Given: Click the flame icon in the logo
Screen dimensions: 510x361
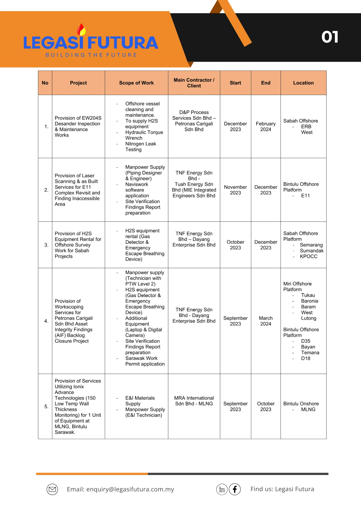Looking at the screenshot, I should [x=81, y=30].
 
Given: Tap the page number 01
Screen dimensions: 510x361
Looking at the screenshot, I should [x=330, y=37].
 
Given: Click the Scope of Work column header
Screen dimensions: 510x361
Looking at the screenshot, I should [x=136, y=83].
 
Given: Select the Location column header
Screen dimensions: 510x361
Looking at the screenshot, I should [x=303, y=83].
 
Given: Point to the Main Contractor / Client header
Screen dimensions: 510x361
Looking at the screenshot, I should [x=194, y=83].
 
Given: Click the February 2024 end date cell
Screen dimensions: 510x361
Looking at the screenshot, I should [x=266, y=126].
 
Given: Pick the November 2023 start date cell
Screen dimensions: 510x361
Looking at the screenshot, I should [x=235, y=190].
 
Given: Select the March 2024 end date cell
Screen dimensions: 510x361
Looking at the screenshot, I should [x=266, y=321].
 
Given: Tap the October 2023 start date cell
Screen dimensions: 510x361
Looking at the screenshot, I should [x=235, y=245].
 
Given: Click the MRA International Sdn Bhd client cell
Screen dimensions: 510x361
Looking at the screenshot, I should [x=194, y=401].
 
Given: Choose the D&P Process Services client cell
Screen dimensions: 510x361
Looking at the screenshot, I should [x=194, y=121].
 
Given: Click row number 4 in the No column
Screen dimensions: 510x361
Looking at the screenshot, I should [x=46, y=321].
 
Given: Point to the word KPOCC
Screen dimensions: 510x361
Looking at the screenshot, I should [x=309, y=257].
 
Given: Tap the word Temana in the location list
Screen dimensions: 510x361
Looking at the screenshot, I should [x=310, y=353].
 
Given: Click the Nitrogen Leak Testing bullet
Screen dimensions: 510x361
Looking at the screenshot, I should [x=140, y=147].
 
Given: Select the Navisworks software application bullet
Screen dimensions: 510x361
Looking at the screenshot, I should [x=137, y=190].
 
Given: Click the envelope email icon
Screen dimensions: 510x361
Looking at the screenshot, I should [x=52, y=489].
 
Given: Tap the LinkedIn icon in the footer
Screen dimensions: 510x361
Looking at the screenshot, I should [x=222, y=489].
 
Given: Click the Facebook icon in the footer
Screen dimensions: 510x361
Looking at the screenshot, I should [x=235, y=489].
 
